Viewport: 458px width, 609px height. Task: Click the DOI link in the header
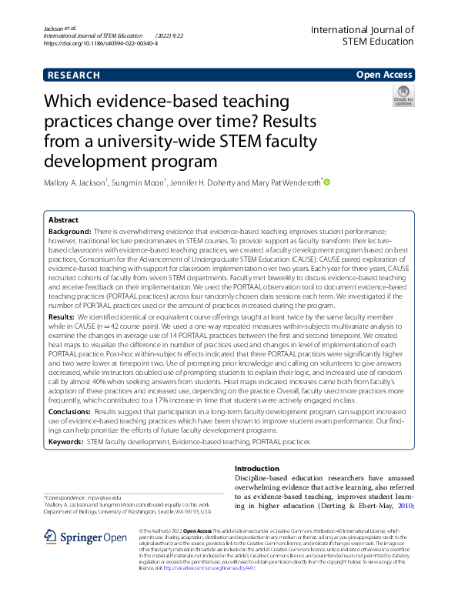pos(100,44)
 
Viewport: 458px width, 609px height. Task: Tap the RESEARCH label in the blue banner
pos(73,75)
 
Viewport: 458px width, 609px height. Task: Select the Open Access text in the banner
pos(383,75)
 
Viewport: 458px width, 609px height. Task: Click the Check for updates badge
pos(403,97)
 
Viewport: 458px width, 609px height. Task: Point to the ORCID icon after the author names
pos(326,182)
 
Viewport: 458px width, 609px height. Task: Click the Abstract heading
pos(64,219)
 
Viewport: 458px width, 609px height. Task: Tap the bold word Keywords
pos(65,442)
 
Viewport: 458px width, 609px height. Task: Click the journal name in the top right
pos(362,36)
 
